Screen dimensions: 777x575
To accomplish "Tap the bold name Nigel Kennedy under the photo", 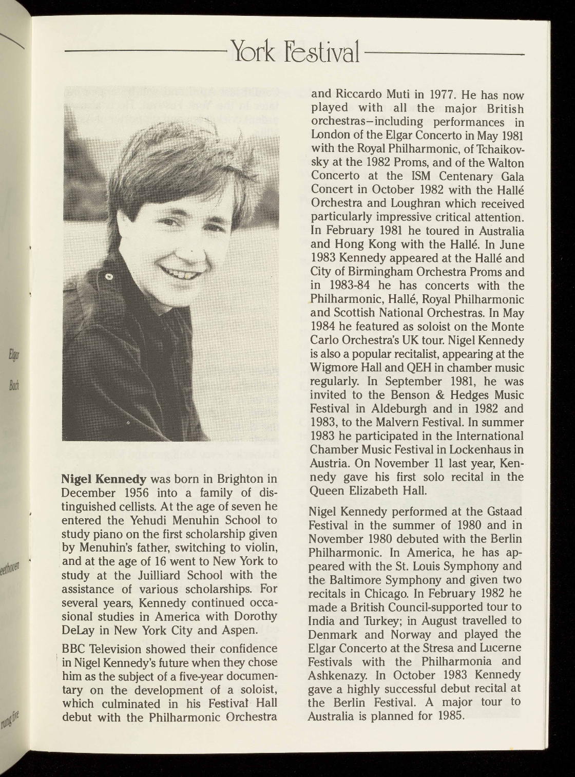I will click(104, 480).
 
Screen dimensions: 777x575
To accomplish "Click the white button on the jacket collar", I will click(109, 277).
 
